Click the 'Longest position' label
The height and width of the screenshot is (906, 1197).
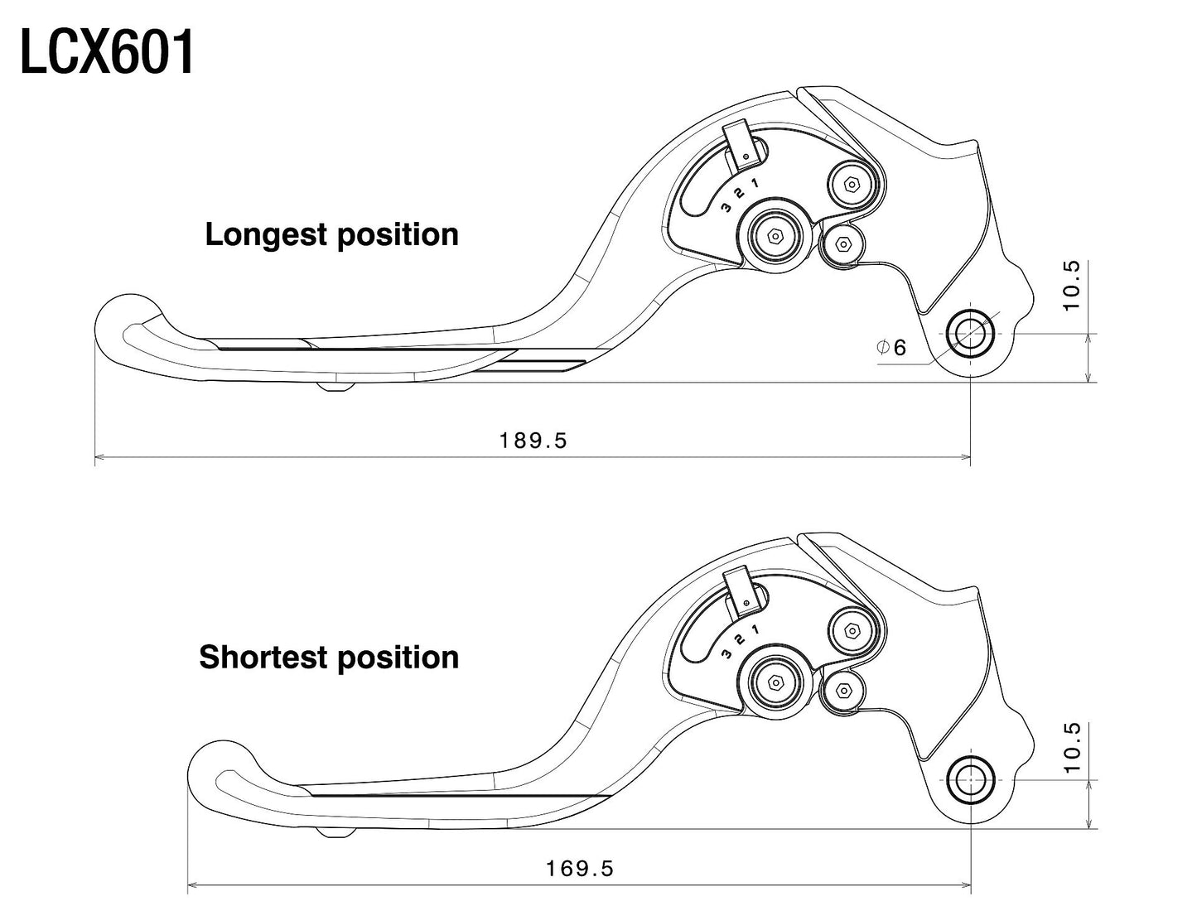331,234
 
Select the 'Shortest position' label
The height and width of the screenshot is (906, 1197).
329,657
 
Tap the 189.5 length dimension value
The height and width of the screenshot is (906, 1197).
533,441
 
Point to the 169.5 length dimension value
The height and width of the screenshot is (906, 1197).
580,869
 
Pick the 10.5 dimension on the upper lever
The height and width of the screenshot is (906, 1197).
1072,286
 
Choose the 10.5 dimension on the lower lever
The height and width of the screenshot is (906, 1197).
1072,747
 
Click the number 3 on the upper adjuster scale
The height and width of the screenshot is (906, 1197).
726,207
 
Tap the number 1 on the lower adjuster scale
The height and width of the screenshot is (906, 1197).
755,630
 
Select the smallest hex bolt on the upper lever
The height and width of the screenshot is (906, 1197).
842,243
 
